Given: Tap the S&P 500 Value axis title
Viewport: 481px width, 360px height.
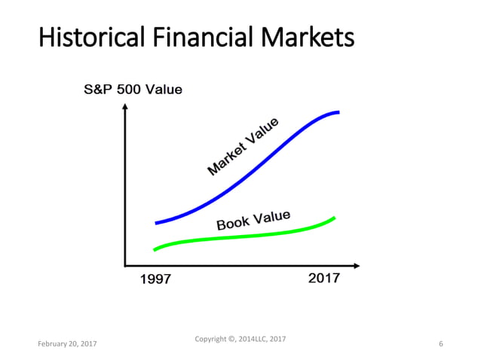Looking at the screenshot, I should click(x=132, y=90).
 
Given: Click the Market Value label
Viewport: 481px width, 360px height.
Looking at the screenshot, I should click(x=243, y=147).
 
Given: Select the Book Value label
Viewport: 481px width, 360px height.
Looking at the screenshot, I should click(x=253, y=220).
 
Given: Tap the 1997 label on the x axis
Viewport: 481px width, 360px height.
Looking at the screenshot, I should click(x=156, y=280).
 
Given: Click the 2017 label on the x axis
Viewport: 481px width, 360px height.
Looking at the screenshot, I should click(x=324, y=278).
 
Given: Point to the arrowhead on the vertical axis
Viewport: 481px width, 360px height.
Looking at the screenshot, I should click(x=124, y=106).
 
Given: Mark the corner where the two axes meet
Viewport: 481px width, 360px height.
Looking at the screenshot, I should click(x=124, y=265).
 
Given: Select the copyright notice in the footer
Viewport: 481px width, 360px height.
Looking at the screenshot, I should click(x=240, y=339).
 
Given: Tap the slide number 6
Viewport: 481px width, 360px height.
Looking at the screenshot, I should click(x=440, y=343).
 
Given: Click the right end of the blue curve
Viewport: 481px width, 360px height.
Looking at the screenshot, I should click(x=338, y=112).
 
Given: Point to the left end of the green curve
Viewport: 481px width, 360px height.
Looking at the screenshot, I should click(x=155, y=249).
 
